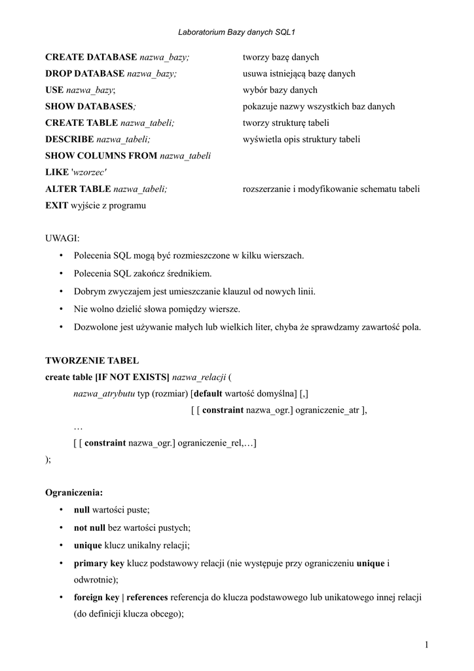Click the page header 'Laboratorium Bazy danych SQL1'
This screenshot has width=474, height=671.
coord(236,31)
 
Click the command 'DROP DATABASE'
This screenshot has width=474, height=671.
coord(84,74)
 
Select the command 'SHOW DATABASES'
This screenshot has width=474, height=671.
coord(89,107)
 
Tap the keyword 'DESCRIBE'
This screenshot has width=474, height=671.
coord(69,140)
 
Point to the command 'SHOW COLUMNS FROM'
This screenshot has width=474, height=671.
coord(101,156)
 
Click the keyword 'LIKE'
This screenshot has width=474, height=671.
coord(56,172)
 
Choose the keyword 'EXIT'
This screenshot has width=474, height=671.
coord(56,205)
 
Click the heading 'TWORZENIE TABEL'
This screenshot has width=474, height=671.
coord(92,360)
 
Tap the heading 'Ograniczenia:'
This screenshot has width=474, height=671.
coord(74,492)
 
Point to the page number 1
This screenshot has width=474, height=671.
coord(426,646)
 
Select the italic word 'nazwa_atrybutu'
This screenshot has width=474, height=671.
coord(104,393)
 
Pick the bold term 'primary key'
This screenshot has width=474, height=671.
coord(99,564)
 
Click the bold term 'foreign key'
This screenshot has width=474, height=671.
coord(96,598)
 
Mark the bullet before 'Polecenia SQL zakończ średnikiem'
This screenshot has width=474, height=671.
coord(60,273)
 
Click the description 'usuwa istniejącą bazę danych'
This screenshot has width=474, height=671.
coord(299,74)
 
